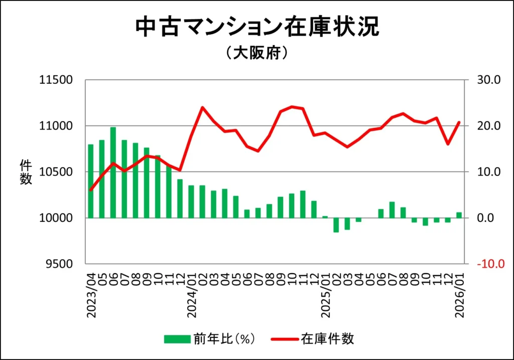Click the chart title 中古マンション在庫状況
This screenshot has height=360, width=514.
[x=257, y=28]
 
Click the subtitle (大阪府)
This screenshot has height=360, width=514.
[x=256, y=54]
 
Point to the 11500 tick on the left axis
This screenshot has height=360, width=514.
[x=56, y=80]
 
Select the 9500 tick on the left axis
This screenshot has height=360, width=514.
[x=59, y=264]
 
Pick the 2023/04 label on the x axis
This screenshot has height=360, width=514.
[x=91, y=293]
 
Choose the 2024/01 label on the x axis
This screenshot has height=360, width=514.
[x=191, y=293]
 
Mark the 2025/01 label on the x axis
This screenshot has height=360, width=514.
[x=325, y=293]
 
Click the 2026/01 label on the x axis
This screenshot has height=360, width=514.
[x=459, y=293]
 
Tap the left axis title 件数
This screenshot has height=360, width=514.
[x=26, y=172]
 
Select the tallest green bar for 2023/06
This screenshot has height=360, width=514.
[x=113, y=172]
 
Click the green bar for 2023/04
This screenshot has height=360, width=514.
[x=91, y=181]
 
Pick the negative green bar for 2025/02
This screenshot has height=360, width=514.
[x=336, y=225]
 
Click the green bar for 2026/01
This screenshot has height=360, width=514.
[x=459, y=215]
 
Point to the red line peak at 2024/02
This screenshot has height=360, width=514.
[x=202, y=107]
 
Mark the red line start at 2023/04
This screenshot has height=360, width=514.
[x=91, y=190]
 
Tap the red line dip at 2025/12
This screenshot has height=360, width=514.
[x=448, y=144]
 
